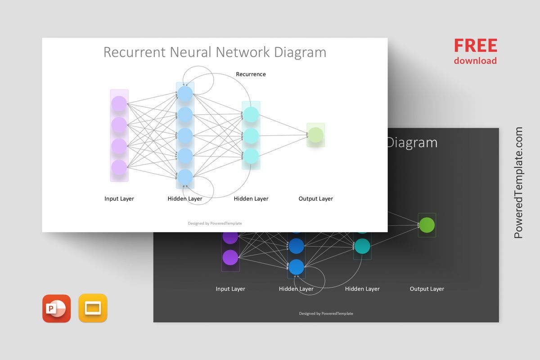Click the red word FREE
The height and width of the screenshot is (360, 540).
tap(475, 45)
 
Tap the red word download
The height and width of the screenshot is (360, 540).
tap(475, 61)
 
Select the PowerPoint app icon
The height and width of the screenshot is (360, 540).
tap(57, 308)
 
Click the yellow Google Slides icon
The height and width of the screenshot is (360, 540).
tap(93, 308)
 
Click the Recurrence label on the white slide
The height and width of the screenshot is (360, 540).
tap(251, 74)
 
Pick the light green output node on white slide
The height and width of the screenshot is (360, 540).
tap(315, 135)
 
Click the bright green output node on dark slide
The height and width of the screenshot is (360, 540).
tap(427, 225)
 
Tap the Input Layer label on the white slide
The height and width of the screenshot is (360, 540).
tap(119, 198)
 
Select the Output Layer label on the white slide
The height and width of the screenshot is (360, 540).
tap(315, 198)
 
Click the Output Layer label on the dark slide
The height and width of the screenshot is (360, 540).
tap(427, 289)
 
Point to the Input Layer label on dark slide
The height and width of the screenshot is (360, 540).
tap(230, 289)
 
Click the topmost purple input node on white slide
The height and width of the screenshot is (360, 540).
tap(119, 104)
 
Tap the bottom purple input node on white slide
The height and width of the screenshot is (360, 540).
tap(119, 167)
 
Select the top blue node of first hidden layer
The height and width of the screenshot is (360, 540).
tap(185, 94)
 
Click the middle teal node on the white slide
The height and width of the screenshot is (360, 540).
tap(251, 135)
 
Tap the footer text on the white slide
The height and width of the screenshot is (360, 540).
tap(215, 223)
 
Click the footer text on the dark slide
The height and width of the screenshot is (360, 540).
tap(326, 314)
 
